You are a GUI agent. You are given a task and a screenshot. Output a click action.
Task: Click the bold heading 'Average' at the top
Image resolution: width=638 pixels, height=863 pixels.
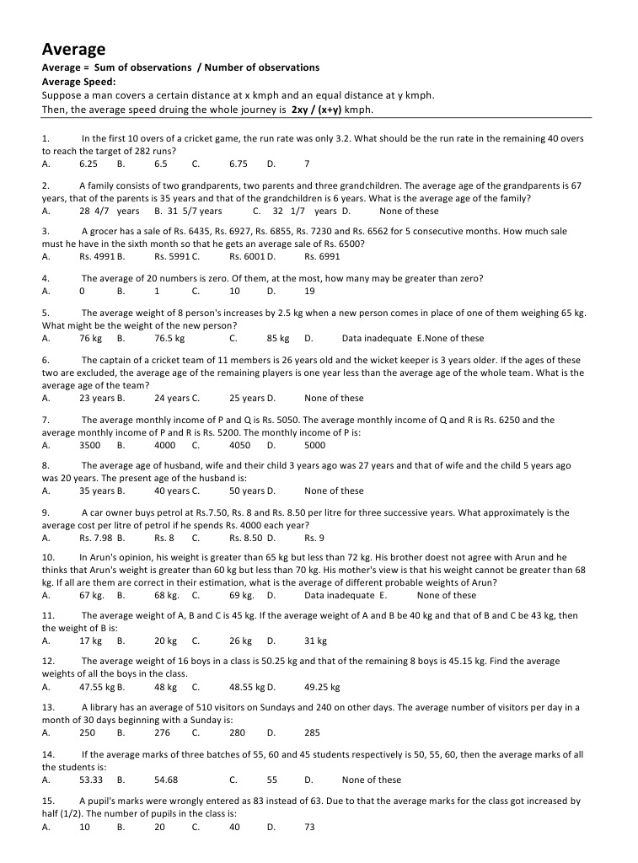tap(74, 50)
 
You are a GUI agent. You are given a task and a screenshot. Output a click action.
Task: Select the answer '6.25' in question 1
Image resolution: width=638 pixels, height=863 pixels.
tap(88, 163)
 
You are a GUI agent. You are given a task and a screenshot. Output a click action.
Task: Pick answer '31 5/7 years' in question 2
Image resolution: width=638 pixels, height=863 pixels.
tap(195, 211)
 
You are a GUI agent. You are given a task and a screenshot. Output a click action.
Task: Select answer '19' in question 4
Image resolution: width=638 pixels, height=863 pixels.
tap(309, 291)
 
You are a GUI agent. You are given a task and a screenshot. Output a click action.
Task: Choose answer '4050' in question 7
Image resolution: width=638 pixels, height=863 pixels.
tap(239, 444)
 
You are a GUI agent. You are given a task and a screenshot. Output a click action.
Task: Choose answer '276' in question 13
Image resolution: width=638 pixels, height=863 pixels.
tap(162, 732)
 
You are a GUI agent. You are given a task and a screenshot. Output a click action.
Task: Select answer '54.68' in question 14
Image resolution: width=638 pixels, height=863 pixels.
tap(166, 780)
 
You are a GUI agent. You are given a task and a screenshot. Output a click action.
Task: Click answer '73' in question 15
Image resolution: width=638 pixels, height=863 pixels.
tap(309, 827)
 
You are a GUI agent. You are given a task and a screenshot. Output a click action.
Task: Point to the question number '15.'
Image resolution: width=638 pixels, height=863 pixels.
tap(48, 801)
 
